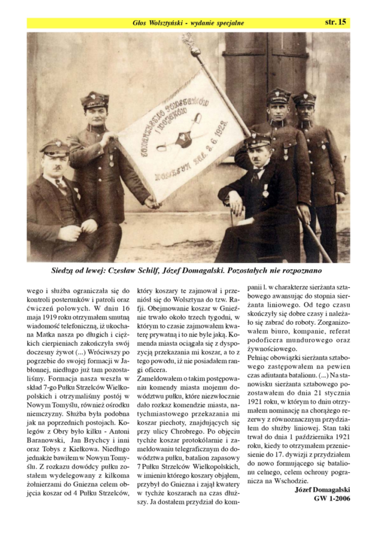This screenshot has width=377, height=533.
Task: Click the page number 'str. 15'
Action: click(x=335, y=22)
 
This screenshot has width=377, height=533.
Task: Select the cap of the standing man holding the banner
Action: click(x=95, y=99)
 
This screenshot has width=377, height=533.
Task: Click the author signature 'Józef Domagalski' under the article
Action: click(x=322, y=490)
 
